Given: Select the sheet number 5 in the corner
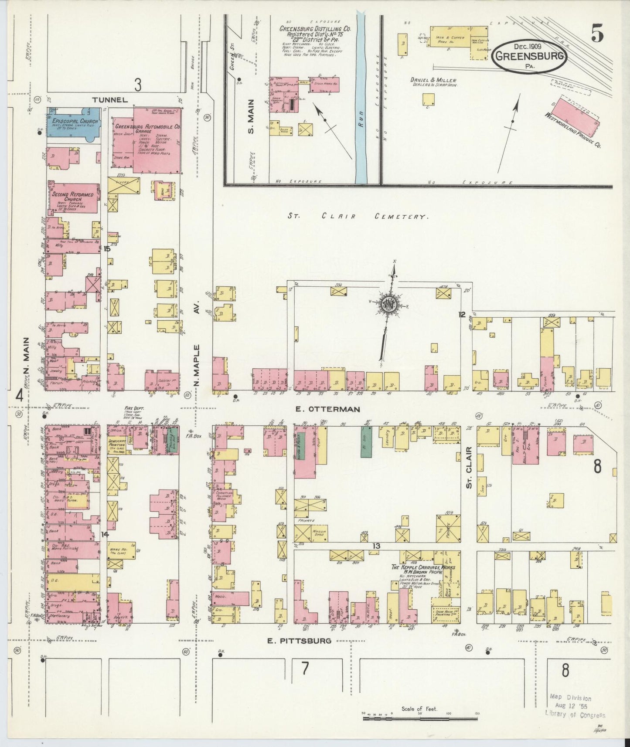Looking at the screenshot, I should pyautogui.click(x=598, y=34).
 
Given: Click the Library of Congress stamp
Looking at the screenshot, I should pyautogui.click(x=576, y=706).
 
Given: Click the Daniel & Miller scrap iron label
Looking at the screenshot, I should pyautogui.click(x=433, y=82).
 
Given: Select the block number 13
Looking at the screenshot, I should pyautogui.click(x=376, y=546).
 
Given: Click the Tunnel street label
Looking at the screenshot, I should pyautogui.click(x=110, y=100).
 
